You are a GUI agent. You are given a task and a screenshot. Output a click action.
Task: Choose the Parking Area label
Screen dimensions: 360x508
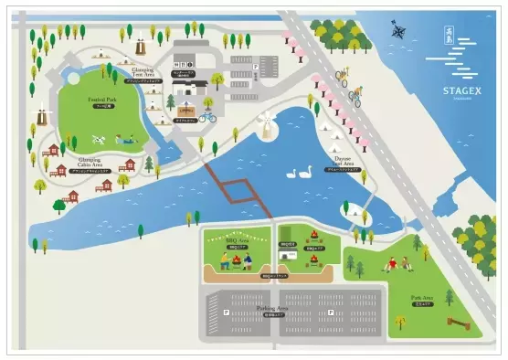[x=296, y=309]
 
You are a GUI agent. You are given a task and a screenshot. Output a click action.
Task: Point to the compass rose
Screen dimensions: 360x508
[x=399, y=32]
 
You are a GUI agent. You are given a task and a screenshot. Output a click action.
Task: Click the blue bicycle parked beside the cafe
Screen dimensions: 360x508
[x=207, y=116]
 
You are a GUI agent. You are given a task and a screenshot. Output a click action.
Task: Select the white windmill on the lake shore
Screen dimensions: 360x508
[x=266, y=125]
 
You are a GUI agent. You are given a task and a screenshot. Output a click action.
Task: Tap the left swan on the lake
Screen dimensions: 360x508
[x=292, y=173]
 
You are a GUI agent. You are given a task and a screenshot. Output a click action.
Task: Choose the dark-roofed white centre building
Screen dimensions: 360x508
[x=194, y=89]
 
